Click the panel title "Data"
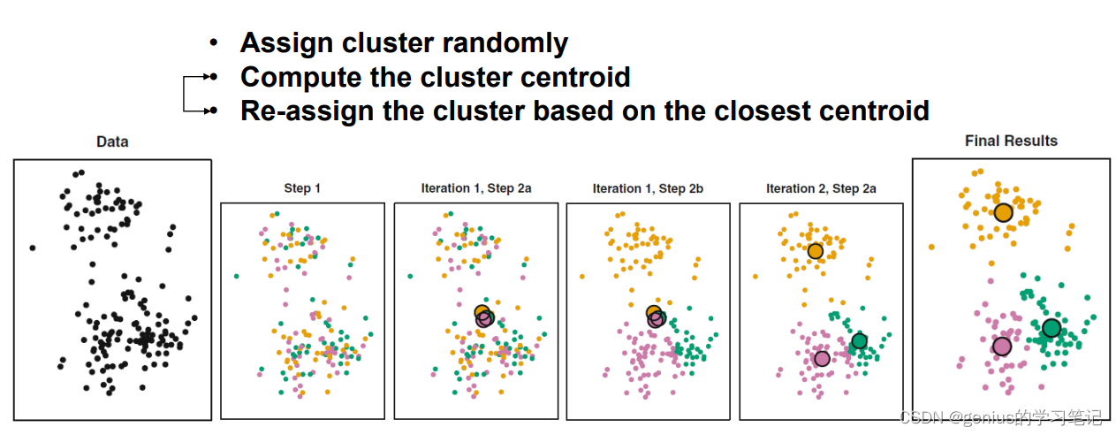(x=112, y=141)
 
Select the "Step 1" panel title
(x=302, y=188)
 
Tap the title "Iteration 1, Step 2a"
(x=475, y=188)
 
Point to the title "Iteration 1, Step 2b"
(x=648, y=188)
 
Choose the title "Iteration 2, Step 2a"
(x=821, y=188)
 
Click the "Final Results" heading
(x=1011, y=141)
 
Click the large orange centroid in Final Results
(x=1003, y=212)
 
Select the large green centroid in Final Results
(x=1051, y=328)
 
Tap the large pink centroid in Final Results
(x=1001, y=346)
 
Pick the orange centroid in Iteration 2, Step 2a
(x=815, y=251)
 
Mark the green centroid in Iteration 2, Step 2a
(x=859, y=341)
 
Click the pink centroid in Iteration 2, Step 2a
(x=822, y=358)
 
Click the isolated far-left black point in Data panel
(x=32, y=248)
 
